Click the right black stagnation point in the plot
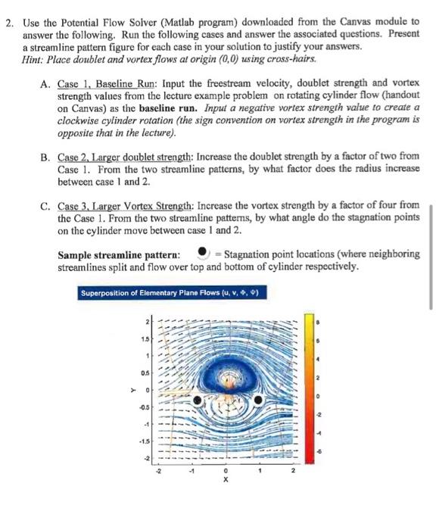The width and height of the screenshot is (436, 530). [259, 399]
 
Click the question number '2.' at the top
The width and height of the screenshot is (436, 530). [11, 13]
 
